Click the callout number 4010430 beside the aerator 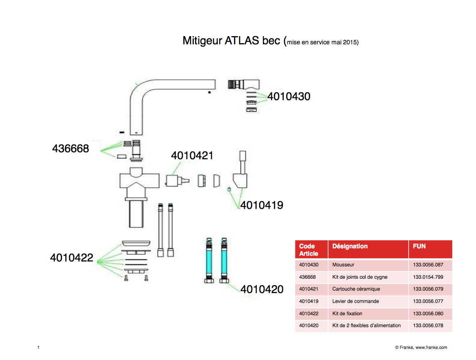pyautogui.click(x=289, y=96)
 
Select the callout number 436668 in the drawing pyautogui.click(x=70, y=149)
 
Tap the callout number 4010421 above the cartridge pyautogui.click(x=192, y=156)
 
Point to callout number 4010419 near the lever pyautogui.click(x=262, y=205)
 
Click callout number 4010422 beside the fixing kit pyautogui.click(x=71, y=258)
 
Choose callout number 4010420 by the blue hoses pyautogui.click(x=262, y=289)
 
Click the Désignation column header pyautogui.click(x=350, y=246)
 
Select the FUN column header pyautogui.click(x=419, y=246)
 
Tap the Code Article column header pyautogui.click(x=308, y=250)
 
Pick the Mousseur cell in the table pyautogui.click(x=343, y=265)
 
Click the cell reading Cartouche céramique pyautogui.click(x=356, y=289)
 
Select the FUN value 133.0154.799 pyautogui.click(x=428, y=277)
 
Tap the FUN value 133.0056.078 pyautogui.click(x=428, y=326)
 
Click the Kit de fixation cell pyautogui.click(x=347, y=314)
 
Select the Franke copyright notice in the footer pyautogui.click(x=421, y=347)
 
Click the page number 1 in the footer pyautogui.click(x=38, y=347)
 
